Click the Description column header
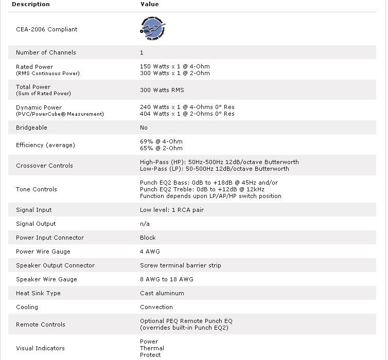click(31, 4)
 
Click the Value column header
click(150, 4)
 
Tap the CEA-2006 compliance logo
click(153, 29)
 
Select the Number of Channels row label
click(46, 52)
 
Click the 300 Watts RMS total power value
click(162, 90)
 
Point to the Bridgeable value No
click(144, 128)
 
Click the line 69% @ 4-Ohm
click(161, 141)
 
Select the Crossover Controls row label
click(44, 166)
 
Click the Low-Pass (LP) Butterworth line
click(214, 169)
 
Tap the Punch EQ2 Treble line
click(202, 189)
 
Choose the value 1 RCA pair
click(172, 210)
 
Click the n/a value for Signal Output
click(145, 224)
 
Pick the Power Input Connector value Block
click(148, 238)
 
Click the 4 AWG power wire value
click(150, 251)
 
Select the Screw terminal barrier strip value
click(180, 265)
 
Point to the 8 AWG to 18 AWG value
click(167, 279)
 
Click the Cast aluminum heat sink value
click(162, 293)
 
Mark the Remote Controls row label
click(41, 325)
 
